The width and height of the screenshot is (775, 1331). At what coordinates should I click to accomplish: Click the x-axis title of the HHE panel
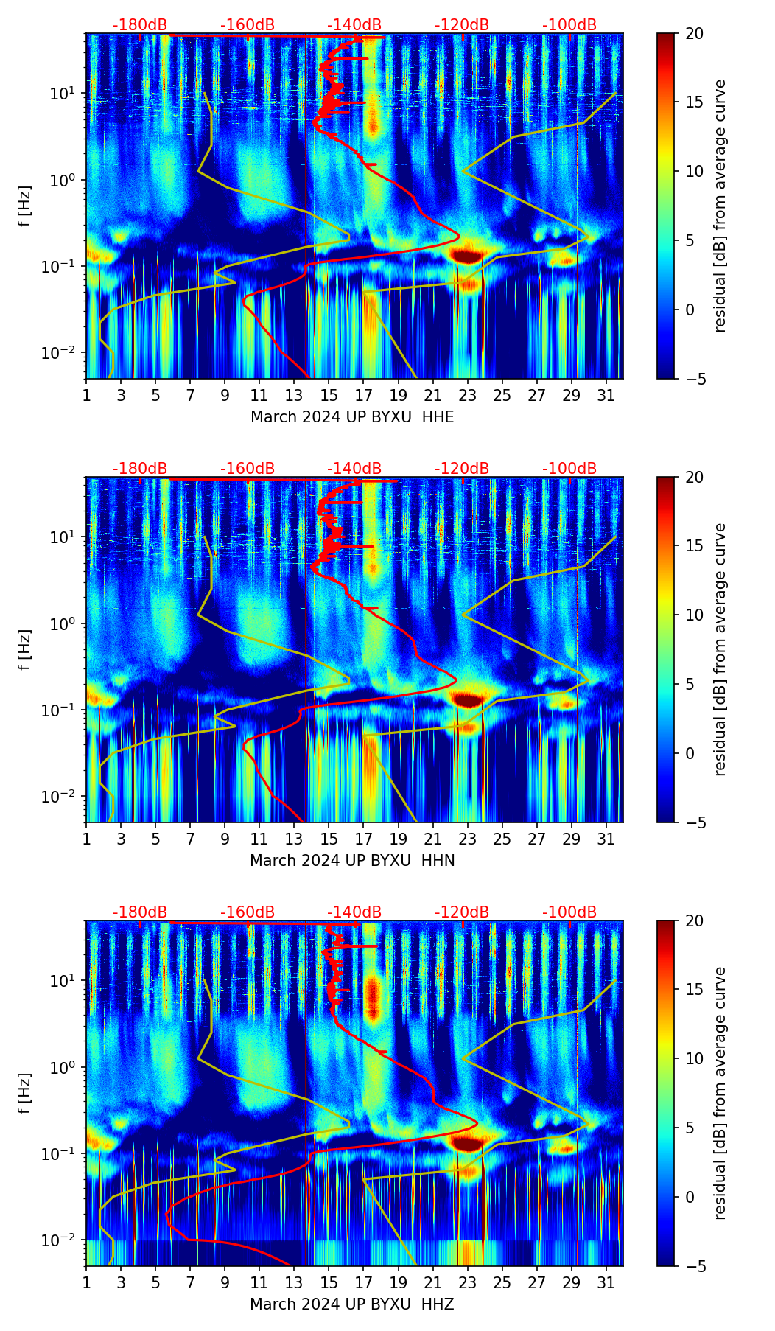(x=352, y=417)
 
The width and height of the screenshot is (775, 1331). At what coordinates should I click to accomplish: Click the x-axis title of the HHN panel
(x=352, y=861)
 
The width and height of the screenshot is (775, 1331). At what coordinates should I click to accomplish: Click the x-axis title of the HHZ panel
(x=352, y=1304)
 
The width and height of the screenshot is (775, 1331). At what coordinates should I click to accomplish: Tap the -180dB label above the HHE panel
(x=140, y=25)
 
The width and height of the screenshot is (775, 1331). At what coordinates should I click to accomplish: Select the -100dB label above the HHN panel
(x=569, y=469)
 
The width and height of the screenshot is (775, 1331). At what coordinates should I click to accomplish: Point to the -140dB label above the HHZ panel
(x=354, y=912)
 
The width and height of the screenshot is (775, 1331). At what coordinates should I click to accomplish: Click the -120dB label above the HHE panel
(x=462, y=25)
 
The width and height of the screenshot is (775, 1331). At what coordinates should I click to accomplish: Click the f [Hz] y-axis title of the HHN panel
(x=25, y=649)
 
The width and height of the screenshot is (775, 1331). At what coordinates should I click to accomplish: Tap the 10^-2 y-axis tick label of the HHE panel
(x=62, y=353)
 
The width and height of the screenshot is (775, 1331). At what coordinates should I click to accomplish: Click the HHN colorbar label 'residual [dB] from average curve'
(x=720, y=649)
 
